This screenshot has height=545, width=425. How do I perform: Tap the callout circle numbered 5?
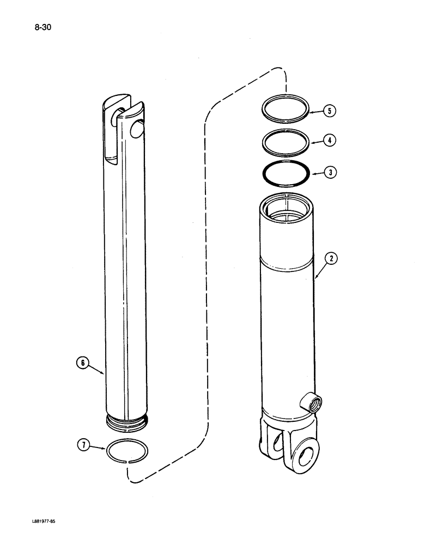click(x=329, y=111)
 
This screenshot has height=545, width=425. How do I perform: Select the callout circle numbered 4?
click(x=329, y=141)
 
